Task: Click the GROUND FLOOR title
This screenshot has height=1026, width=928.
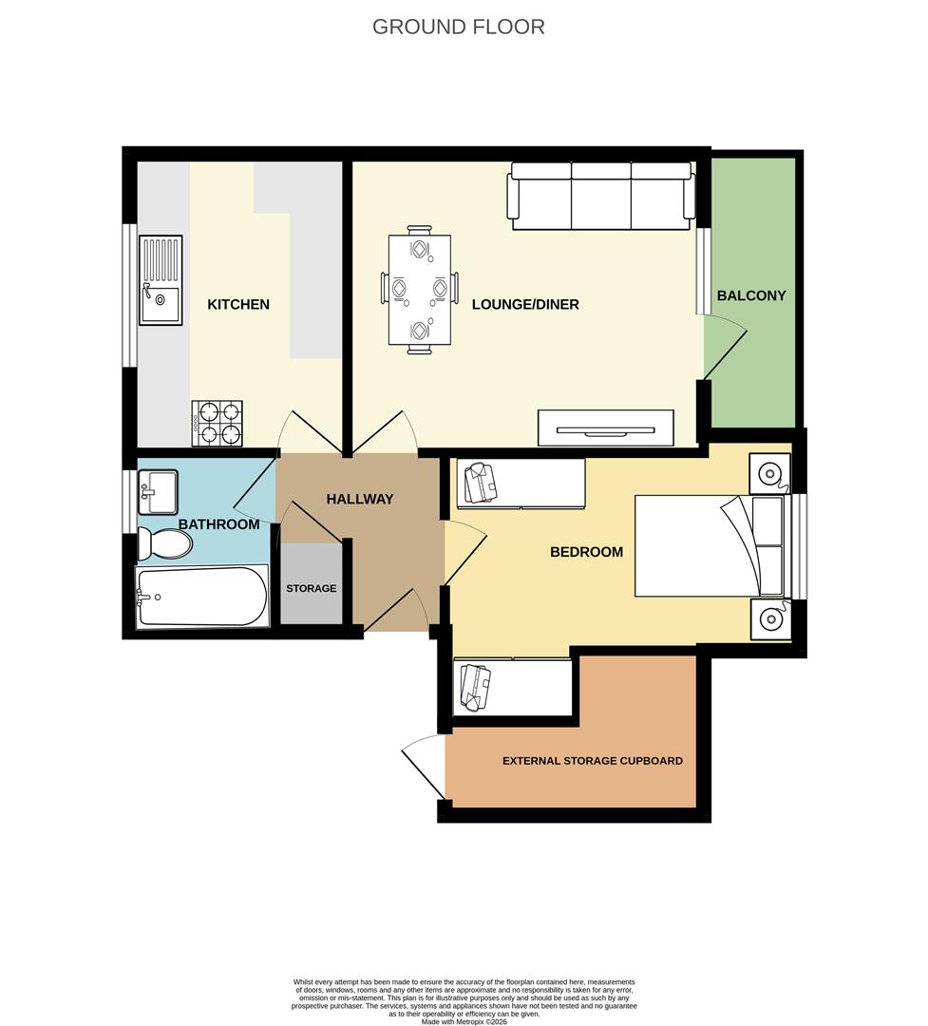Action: [x=458, y=27]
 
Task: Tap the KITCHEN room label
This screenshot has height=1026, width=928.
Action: [x=238, y=305]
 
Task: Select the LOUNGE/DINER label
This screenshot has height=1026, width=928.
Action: [x=525, y=305]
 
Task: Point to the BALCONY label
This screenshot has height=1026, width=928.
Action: [x=751, y=295]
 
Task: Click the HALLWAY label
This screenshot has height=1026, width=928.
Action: [x=359, y=499]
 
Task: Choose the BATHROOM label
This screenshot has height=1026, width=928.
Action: [x=218, y=524]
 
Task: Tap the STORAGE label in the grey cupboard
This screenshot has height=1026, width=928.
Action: [x=312, y=589]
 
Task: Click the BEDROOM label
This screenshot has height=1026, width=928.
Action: [x=586, y=552]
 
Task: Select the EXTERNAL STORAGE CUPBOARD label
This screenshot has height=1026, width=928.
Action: [x=592, y=761]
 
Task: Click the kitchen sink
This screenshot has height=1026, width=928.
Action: [x=161, y=280]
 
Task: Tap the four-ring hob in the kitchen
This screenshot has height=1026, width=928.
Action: [x=218, y=424]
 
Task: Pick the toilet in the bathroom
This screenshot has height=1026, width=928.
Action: [x=164, y=544]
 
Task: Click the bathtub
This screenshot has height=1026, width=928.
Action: [x=201, y=598]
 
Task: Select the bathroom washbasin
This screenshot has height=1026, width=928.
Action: [x=158, y=491]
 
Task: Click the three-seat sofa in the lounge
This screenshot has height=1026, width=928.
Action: [x=601, y=196]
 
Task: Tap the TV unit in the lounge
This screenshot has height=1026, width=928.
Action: [x=605, y=428]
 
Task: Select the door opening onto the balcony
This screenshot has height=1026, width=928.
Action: [x=724, y=347]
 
